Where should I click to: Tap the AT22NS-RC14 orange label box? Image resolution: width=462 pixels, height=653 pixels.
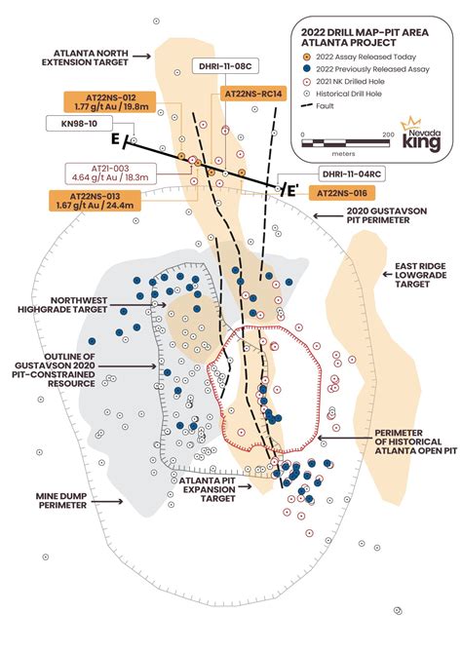click(253, 94)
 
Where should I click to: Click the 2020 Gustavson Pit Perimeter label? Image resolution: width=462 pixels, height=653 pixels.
click(382, 214)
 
